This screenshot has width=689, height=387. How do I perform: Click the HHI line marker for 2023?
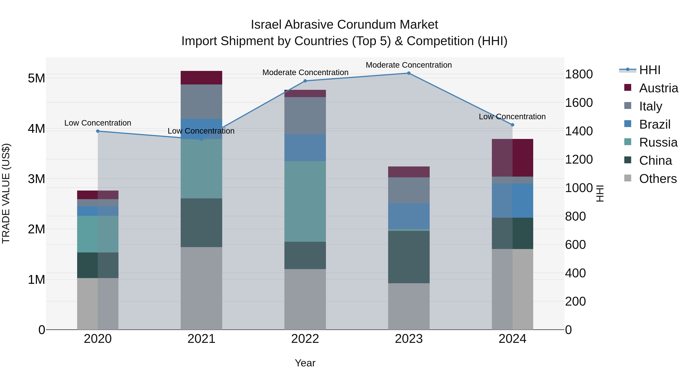(409, 73)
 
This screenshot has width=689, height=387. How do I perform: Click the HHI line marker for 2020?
(98, 131)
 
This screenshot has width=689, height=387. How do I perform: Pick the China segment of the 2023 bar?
(409, 257)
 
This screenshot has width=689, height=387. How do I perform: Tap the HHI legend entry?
(649, 70)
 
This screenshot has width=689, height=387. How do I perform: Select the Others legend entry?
(657, 178)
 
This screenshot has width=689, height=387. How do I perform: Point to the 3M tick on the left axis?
(36, 179)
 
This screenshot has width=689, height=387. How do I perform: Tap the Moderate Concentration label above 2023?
(409, 65)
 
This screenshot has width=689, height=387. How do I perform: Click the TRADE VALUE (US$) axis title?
(6, 193)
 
